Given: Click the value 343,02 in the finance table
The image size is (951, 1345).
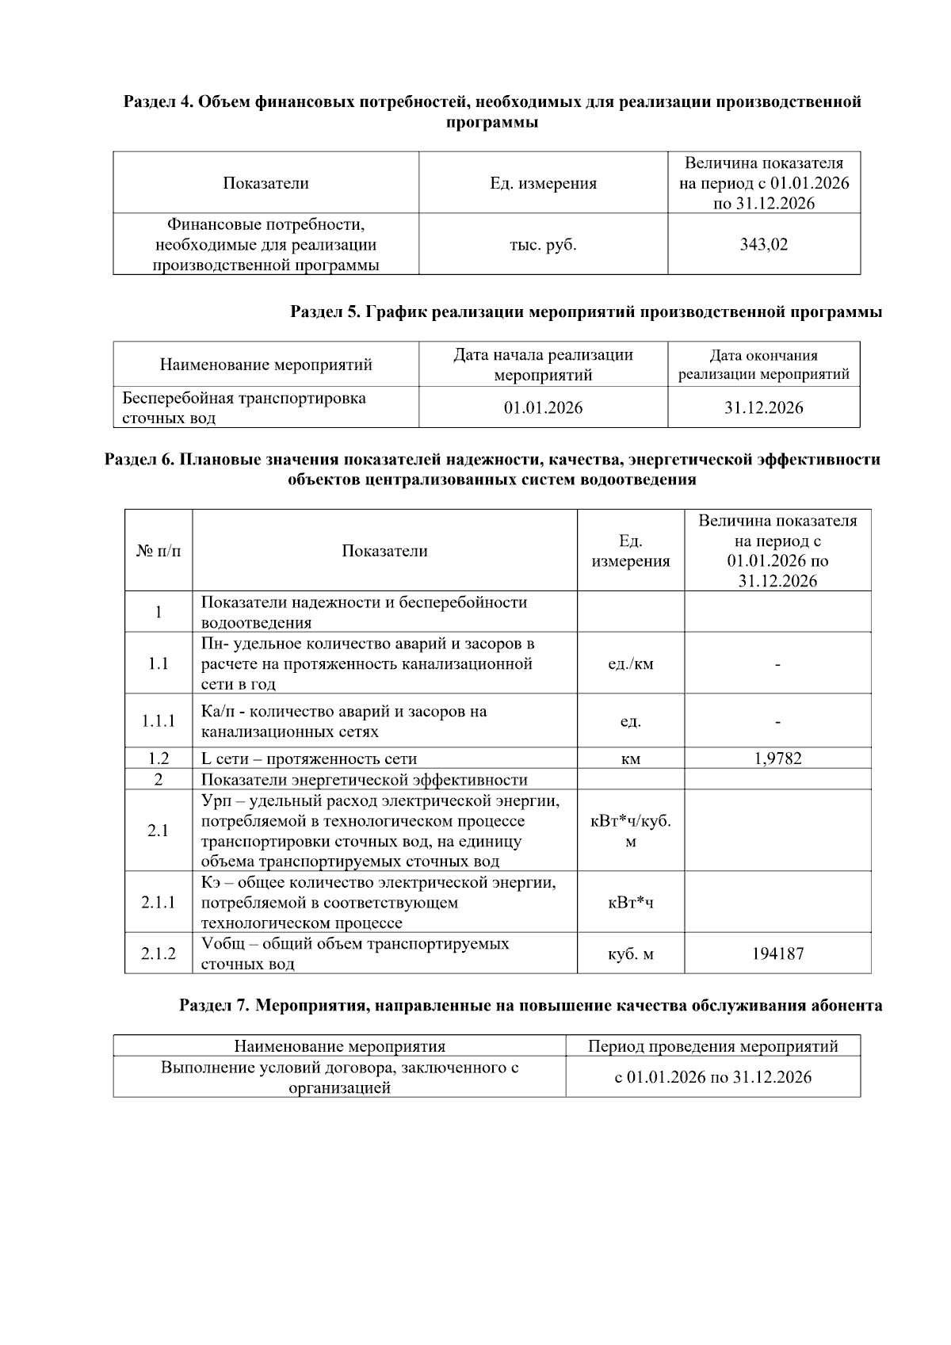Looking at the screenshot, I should point(763,245).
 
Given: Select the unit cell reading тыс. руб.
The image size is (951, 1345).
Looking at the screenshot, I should point(543,245).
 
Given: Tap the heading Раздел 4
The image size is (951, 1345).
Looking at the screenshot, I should point(491,112).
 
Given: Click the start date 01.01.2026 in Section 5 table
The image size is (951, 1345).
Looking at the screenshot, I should point(543,408).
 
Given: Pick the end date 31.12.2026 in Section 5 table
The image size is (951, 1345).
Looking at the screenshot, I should point(763,408).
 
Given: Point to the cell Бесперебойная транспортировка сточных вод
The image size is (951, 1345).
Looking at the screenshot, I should point(244,407).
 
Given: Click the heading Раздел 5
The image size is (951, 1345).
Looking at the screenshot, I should point(586,312).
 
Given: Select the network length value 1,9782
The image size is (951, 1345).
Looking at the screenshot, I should point(777,758).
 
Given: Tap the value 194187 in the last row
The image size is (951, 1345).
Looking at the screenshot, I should point(777,953).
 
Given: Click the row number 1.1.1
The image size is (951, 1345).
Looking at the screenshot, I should point(158,721).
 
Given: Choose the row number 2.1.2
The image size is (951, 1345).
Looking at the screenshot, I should point(158,953).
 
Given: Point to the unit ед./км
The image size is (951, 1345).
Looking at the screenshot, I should point(630,664).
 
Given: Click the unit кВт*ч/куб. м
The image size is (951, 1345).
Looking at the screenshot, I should point(630,831).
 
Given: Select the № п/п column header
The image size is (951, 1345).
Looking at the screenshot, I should point(158,551).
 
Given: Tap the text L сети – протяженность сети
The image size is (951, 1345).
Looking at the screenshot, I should point(309,758).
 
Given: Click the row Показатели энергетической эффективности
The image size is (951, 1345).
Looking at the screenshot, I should point(364,779).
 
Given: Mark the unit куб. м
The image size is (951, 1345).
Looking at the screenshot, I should point(630,953).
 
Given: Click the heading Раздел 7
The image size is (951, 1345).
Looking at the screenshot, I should point(530,1006).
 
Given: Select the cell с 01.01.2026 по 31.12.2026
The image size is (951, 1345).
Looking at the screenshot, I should point(712,1077).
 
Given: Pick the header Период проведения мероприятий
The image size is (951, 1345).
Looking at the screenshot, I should point(712,1046).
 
